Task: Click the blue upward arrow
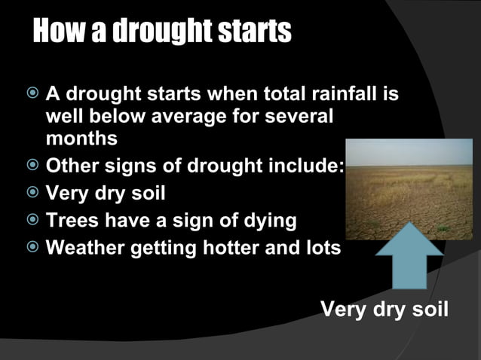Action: coord(409,261)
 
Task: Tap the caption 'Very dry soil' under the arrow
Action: coord(384,309)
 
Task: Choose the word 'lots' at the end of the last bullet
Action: coord(325,248)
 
